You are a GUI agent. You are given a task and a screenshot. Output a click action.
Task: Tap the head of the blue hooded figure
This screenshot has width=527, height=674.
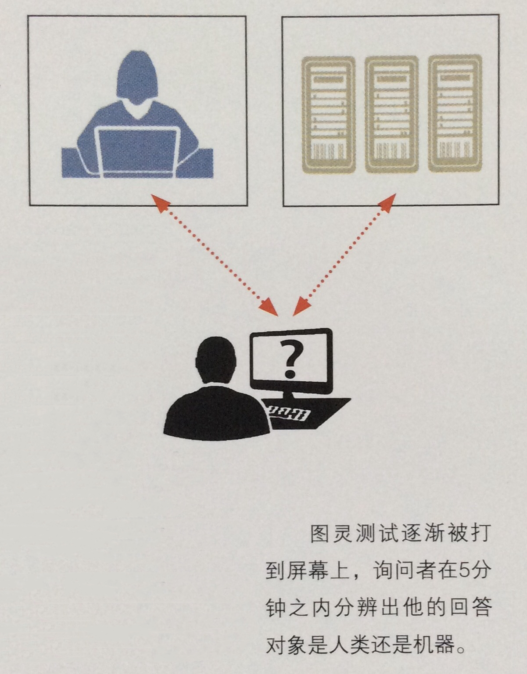(137, 77)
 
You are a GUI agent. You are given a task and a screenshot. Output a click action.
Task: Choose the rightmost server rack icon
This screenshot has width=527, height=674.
(455, 114)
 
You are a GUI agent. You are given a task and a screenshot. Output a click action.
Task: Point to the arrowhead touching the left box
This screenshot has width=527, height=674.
(160, 203)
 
